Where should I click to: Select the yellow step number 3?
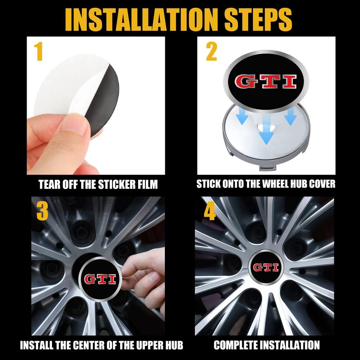[42, 211]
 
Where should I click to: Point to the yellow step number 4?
[210, 211]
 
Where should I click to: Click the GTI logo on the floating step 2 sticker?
[266, 82]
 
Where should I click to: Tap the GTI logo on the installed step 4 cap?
[266, 267]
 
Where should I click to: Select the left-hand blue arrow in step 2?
[242, 116]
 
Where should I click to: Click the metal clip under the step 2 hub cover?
[268, 168]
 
